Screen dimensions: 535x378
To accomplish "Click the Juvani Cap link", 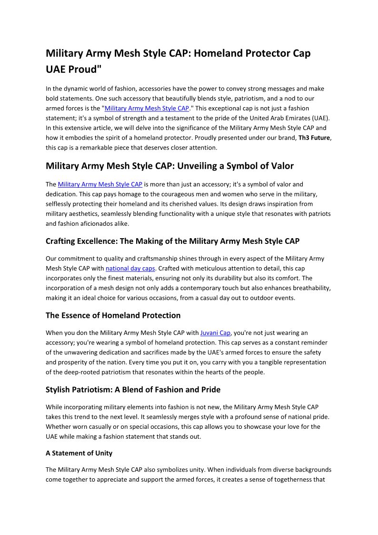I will [x=215, y=333].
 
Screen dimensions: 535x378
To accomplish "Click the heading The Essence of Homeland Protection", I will [x=113, y=315].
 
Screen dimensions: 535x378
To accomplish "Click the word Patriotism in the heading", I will [x=98, y=390].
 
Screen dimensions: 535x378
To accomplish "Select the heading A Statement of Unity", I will [x=79, y=453].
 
